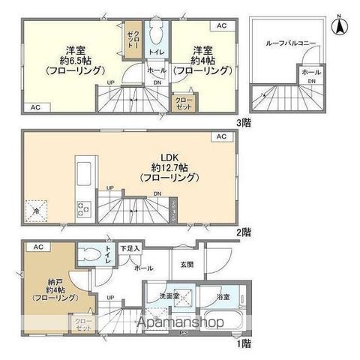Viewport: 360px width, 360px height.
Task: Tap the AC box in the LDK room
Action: [221, 137]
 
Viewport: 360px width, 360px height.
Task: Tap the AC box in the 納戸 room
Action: [37, 247]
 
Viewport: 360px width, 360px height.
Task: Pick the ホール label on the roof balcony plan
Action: [310, 72]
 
